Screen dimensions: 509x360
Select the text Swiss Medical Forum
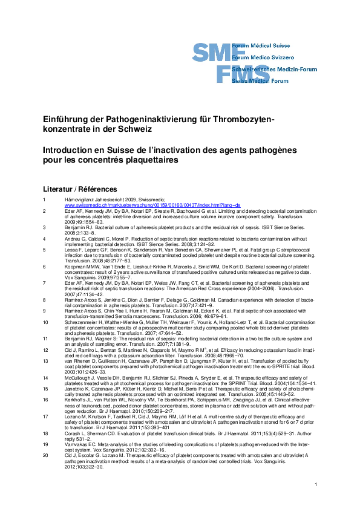pyautogui.click(x=262, y=80)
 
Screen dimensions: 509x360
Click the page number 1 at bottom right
pyautogui.click(x=316, y=485)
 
